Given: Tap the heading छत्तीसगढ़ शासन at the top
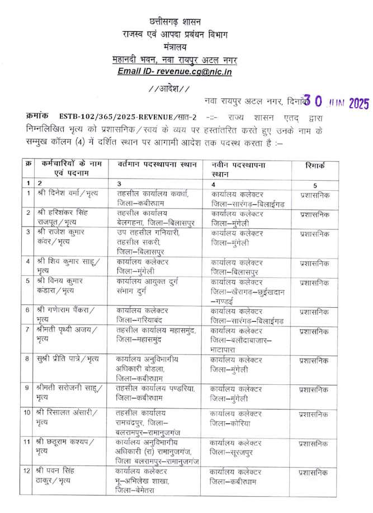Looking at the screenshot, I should click(186, 21).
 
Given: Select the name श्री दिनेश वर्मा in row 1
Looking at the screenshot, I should click(68, 193).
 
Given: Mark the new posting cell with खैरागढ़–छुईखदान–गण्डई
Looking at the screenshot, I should click(248, 292).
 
